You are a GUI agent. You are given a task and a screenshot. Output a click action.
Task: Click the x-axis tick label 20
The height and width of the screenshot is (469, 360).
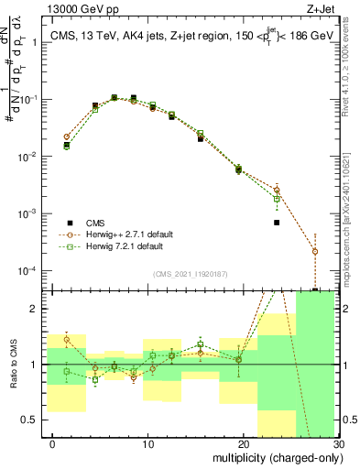(244, 443)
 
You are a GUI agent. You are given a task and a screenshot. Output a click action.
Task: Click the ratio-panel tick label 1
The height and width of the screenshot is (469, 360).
(36, 365)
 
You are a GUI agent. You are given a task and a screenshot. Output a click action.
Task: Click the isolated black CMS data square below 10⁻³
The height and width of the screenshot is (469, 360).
(277, 223)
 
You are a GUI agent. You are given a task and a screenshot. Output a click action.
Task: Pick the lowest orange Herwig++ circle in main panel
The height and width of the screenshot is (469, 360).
(314, 251)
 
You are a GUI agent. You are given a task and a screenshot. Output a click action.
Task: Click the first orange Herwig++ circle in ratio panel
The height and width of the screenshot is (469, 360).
(66, 340)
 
